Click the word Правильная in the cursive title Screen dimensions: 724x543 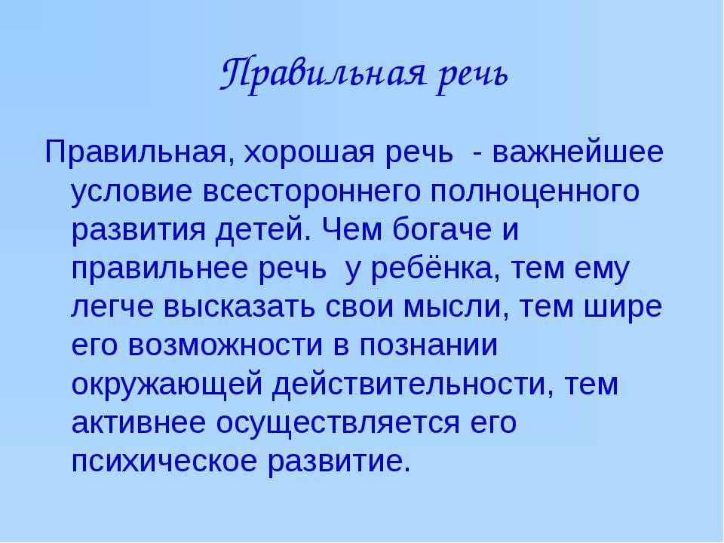pos(322,75)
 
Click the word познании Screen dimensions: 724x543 pos(428,345)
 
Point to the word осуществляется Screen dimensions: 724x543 pos(338,423)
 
